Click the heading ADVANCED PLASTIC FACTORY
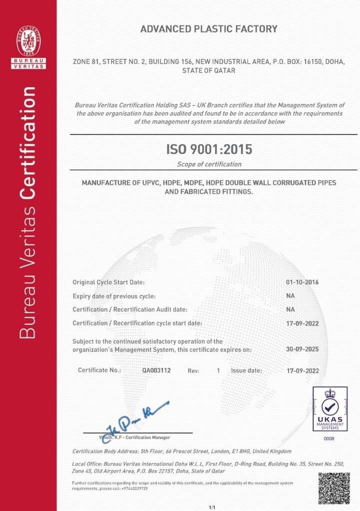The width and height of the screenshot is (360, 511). click(209, 29)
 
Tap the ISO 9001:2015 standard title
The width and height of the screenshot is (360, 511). click(209, 149)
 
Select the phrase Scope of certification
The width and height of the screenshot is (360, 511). click(209, 164)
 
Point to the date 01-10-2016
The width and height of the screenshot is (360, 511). click(303, 282)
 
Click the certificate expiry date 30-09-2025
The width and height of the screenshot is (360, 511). click(303, 350)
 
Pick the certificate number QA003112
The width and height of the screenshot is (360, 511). click(157, 371)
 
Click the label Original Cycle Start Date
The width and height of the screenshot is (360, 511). click(109, 282)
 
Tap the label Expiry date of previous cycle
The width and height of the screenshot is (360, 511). click(114, 296)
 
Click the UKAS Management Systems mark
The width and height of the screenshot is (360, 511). click(330, 408)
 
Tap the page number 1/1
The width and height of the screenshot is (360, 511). click(212, 508)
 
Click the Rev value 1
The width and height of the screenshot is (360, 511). click(218, 371)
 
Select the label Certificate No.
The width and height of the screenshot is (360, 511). click(99, 370)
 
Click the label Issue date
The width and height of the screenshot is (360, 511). click(246, 371)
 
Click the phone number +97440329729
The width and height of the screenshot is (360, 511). click(132, 488)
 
